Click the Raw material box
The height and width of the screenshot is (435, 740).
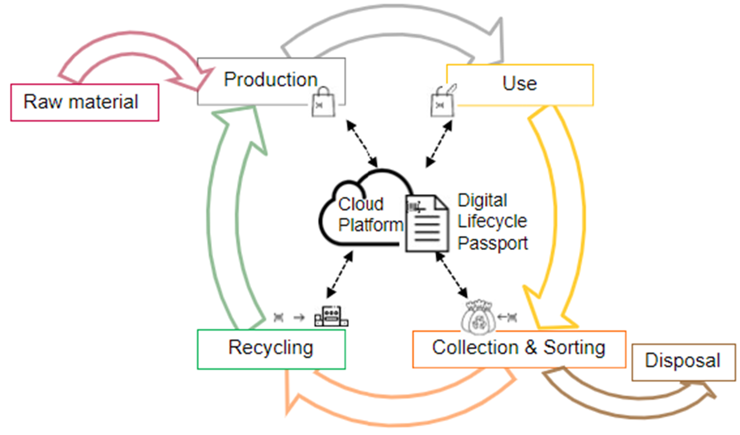click(84, 102)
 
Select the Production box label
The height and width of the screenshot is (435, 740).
click(270, 80)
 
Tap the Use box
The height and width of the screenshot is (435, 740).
click(520, 84)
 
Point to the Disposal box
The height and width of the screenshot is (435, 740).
click(683, 362)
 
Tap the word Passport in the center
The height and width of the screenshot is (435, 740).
click(492, 244)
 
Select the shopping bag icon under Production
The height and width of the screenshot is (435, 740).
click(323, 103)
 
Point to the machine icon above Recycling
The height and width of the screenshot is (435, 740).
click(331, 316)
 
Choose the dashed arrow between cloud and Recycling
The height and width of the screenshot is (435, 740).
click(339, 275)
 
